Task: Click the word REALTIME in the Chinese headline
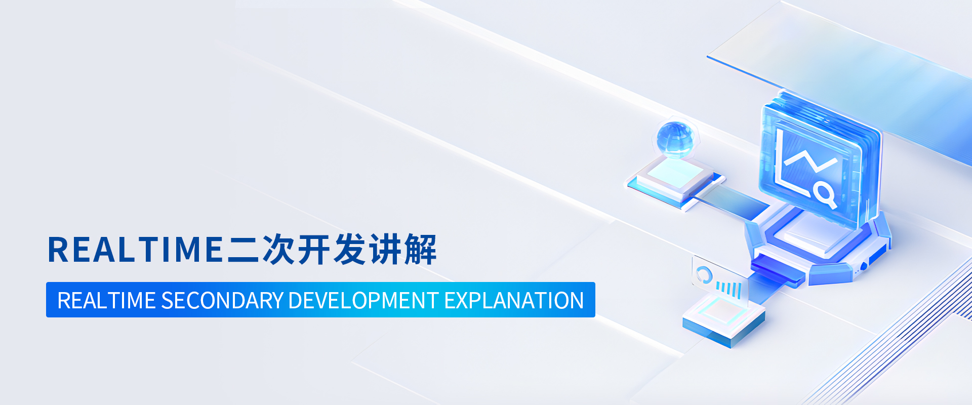point(135,250)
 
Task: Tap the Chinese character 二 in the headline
point(244,250)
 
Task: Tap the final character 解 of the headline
point(420,250)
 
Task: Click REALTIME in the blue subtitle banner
point(106,300)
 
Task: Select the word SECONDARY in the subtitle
point(222,300)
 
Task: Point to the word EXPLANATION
point(514,300)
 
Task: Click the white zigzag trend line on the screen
point(810,160)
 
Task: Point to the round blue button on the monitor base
point(864,266)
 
